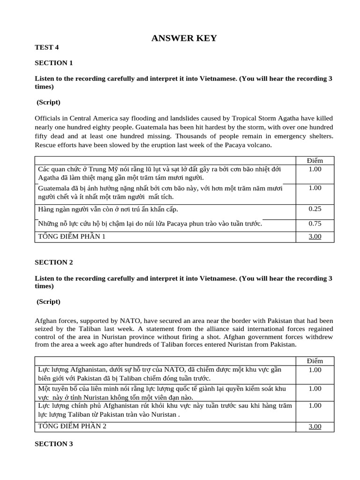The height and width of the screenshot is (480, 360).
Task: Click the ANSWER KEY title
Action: coord(184,38)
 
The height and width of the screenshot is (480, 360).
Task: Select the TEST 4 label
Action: coord(47,47)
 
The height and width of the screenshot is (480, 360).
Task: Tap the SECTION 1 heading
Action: coord(54,63)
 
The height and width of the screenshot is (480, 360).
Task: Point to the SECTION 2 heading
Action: coord(54,262)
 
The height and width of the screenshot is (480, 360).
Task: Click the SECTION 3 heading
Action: coord(54,443)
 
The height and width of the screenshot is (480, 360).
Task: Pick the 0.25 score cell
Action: coord(315,209)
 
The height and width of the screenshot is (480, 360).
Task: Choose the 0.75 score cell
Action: coord(315,224)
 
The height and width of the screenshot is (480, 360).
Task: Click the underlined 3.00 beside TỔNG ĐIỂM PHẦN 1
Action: coord(315,237)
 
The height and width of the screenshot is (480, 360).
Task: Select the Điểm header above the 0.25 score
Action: coord(315,160)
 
